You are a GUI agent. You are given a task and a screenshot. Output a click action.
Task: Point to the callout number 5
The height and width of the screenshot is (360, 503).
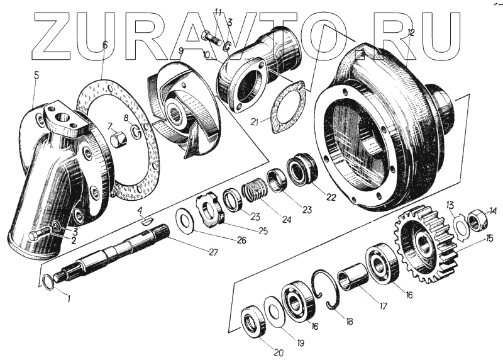(x=36, y=75)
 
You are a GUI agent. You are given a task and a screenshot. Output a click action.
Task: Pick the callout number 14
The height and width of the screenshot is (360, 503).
(x=494, y=211)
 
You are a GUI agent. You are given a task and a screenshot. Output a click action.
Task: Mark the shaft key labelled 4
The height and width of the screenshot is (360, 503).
(x=146, y=220)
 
